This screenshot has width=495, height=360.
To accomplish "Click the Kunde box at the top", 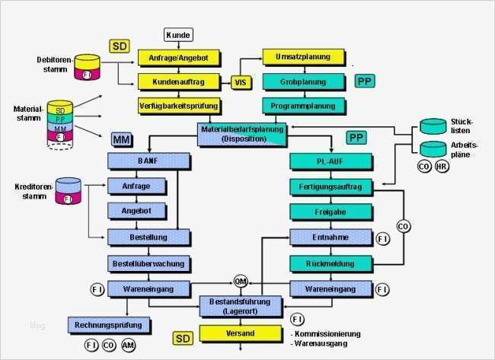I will point(179,35).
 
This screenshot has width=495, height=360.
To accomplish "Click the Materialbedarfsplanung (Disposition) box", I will point(243,133).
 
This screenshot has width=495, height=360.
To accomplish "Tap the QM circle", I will point(241,281).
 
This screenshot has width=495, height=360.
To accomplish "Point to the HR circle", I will point(442,166).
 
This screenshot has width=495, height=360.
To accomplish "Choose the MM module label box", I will point(121,140).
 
